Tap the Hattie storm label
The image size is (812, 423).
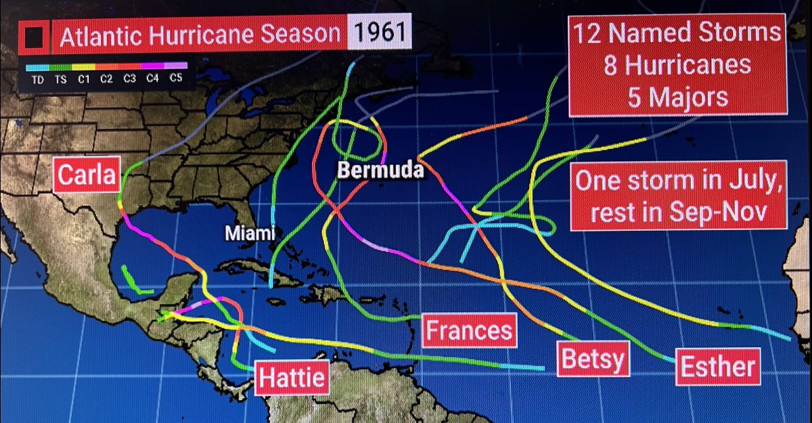tap(292, 377)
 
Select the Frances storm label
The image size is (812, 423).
tap(468, 330)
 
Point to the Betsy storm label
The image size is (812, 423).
tap(592, 359)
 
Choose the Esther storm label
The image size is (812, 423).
tap(717, 366)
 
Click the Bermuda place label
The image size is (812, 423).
tap(381, 171)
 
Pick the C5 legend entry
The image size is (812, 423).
tap(176, 79)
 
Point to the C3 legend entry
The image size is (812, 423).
tap(130, 79)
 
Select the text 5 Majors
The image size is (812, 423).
tap(677, 97)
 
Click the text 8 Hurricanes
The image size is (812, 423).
tap(677, 65)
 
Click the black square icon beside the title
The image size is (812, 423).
tap(32, 37)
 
